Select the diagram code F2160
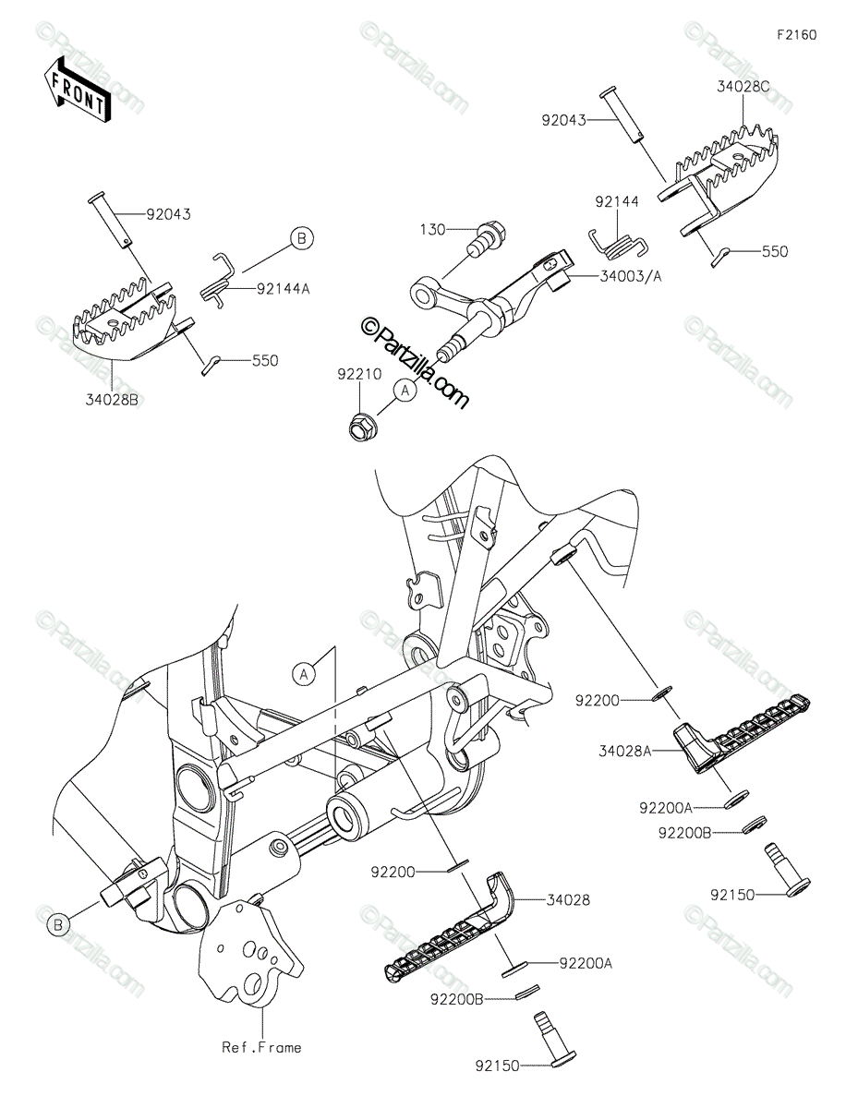[x=796, y=35]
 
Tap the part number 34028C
[x=743, y=87]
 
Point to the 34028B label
[x=111, y=400]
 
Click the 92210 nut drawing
[x=360, y=427]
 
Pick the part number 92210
[x=356, y=377]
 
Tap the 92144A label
[x=284, y=288]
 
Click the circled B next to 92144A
[x=301, y=238]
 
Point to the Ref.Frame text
[x=261, y=1047]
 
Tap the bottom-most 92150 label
[x=496, y=1066]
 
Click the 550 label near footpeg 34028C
[x=774, y=251]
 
